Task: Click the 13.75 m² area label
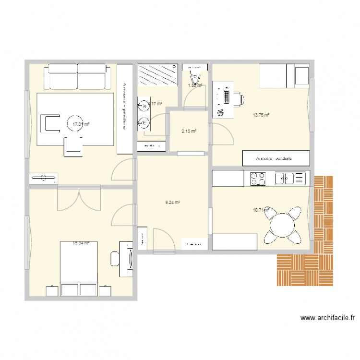click(261, 115)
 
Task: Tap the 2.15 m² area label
click(188, 131)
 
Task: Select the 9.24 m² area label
click(172, 203)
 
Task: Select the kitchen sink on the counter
click(290, 179)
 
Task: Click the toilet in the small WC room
click(195, 76)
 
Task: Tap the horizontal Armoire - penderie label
click(275, 158)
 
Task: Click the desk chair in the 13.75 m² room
click(239, 98)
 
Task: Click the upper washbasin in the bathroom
click(144, 104)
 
